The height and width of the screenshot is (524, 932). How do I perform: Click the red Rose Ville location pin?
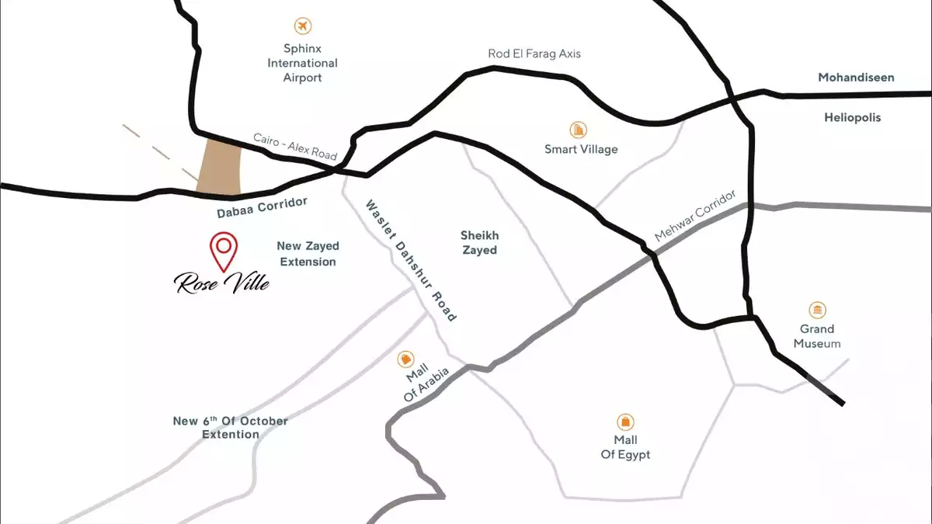pyautogui.click(x=224, y=249)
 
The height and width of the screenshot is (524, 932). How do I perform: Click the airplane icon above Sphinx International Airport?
pyautogui.click(x=303, y=26)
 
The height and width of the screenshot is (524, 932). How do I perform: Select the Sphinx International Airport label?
pyautogui.click(x=303, y=63)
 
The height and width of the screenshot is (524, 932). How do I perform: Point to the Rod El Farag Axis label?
pyautogui.click(x=534, y=54)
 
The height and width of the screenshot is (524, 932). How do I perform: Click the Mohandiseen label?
pyautogui.click(x=856, y=78)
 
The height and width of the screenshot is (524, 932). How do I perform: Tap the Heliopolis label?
pyautogui.click(x=853, y=118)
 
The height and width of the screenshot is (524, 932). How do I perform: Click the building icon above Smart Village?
pyautogui.click(x=579, y=129)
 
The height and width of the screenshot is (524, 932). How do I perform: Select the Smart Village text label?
pyautogui.click(x=581, y=149)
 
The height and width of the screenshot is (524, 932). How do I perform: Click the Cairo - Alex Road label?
pyautogui.click(x=295, y=147)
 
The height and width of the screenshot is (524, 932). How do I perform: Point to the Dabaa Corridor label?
pyautogui.click(x=263, y=206)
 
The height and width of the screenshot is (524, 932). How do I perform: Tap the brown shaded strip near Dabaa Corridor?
pyautogui.click(x=220, y=167)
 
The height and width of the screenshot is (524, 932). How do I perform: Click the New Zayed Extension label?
pyautogui.click(x=308, y=254)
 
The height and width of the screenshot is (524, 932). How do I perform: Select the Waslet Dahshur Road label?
pyautogui.click(x=412, y=260)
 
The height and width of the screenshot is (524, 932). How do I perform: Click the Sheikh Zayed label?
pyautogui.click(x=479, y=242)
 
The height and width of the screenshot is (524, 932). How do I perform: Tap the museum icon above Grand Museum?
pyautogui.click(x=817, y=311)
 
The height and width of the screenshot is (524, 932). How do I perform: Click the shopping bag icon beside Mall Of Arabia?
pyautogui.click(x=405, y=359)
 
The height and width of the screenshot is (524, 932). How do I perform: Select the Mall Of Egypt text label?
pyautogui.click(x=625, y=447)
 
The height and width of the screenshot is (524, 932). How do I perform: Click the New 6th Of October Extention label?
pyautogui.click(x=231, y=428)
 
